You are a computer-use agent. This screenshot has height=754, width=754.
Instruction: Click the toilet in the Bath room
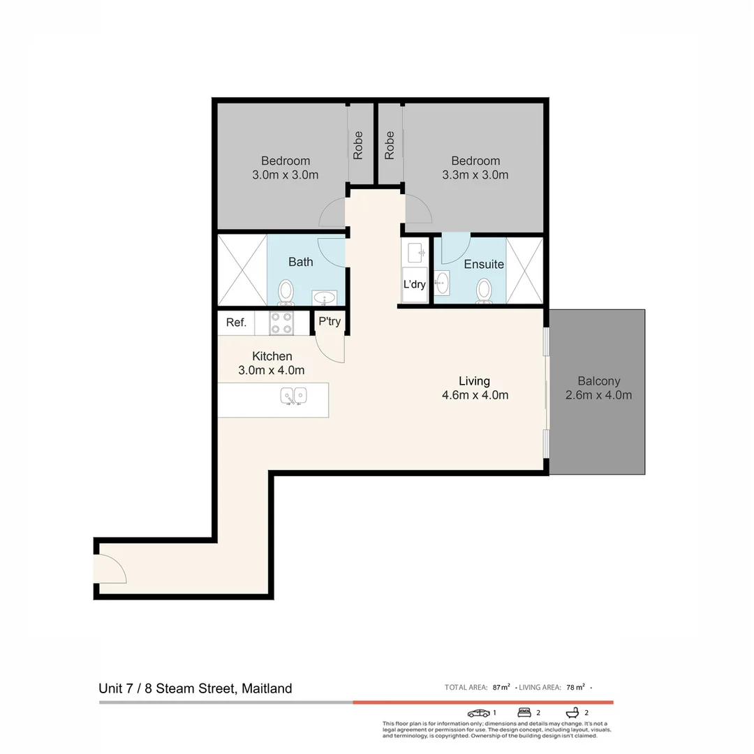tap(286, 292)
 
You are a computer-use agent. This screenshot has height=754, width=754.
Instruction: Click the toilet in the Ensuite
tap(484, 290)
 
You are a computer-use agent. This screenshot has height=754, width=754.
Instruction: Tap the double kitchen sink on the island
tap(294, 397)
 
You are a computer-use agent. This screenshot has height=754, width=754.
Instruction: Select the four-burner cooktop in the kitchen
tap(281, 323)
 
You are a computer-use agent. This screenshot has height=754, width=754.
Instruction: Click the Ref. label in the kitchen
tap(236, 323)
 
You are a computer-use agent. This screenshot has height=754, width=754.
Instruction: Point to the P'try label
tap(330, 322)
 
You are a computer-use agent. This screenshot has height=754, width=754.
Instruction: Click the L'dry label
tap(415, 284)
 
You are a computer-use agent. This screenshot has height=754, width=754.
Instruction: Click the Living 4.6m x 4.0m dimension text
tap(475, 395)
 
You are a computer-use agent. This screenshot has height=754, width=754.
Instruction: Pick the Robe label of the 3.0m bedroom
tap(358, 145)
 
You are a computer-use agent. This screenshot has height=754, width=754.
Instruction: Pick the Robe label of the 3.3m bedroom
tap(390, 145)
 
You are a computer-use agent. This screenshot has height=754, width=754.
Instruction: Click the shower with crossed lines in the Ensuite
tap(524, 270)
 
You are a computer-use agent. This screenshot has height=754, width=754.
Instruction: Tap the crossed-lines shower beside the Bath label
tap(242, 270)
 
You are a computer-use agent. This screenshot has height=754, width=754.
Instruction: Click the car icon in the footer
tap(479, 713)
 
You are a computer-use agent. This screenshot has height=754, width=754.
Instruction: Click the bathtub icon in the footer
tap(572, 713)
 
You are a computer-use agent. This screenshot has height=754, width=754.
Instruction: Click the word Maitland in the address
tap(267, 688)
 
